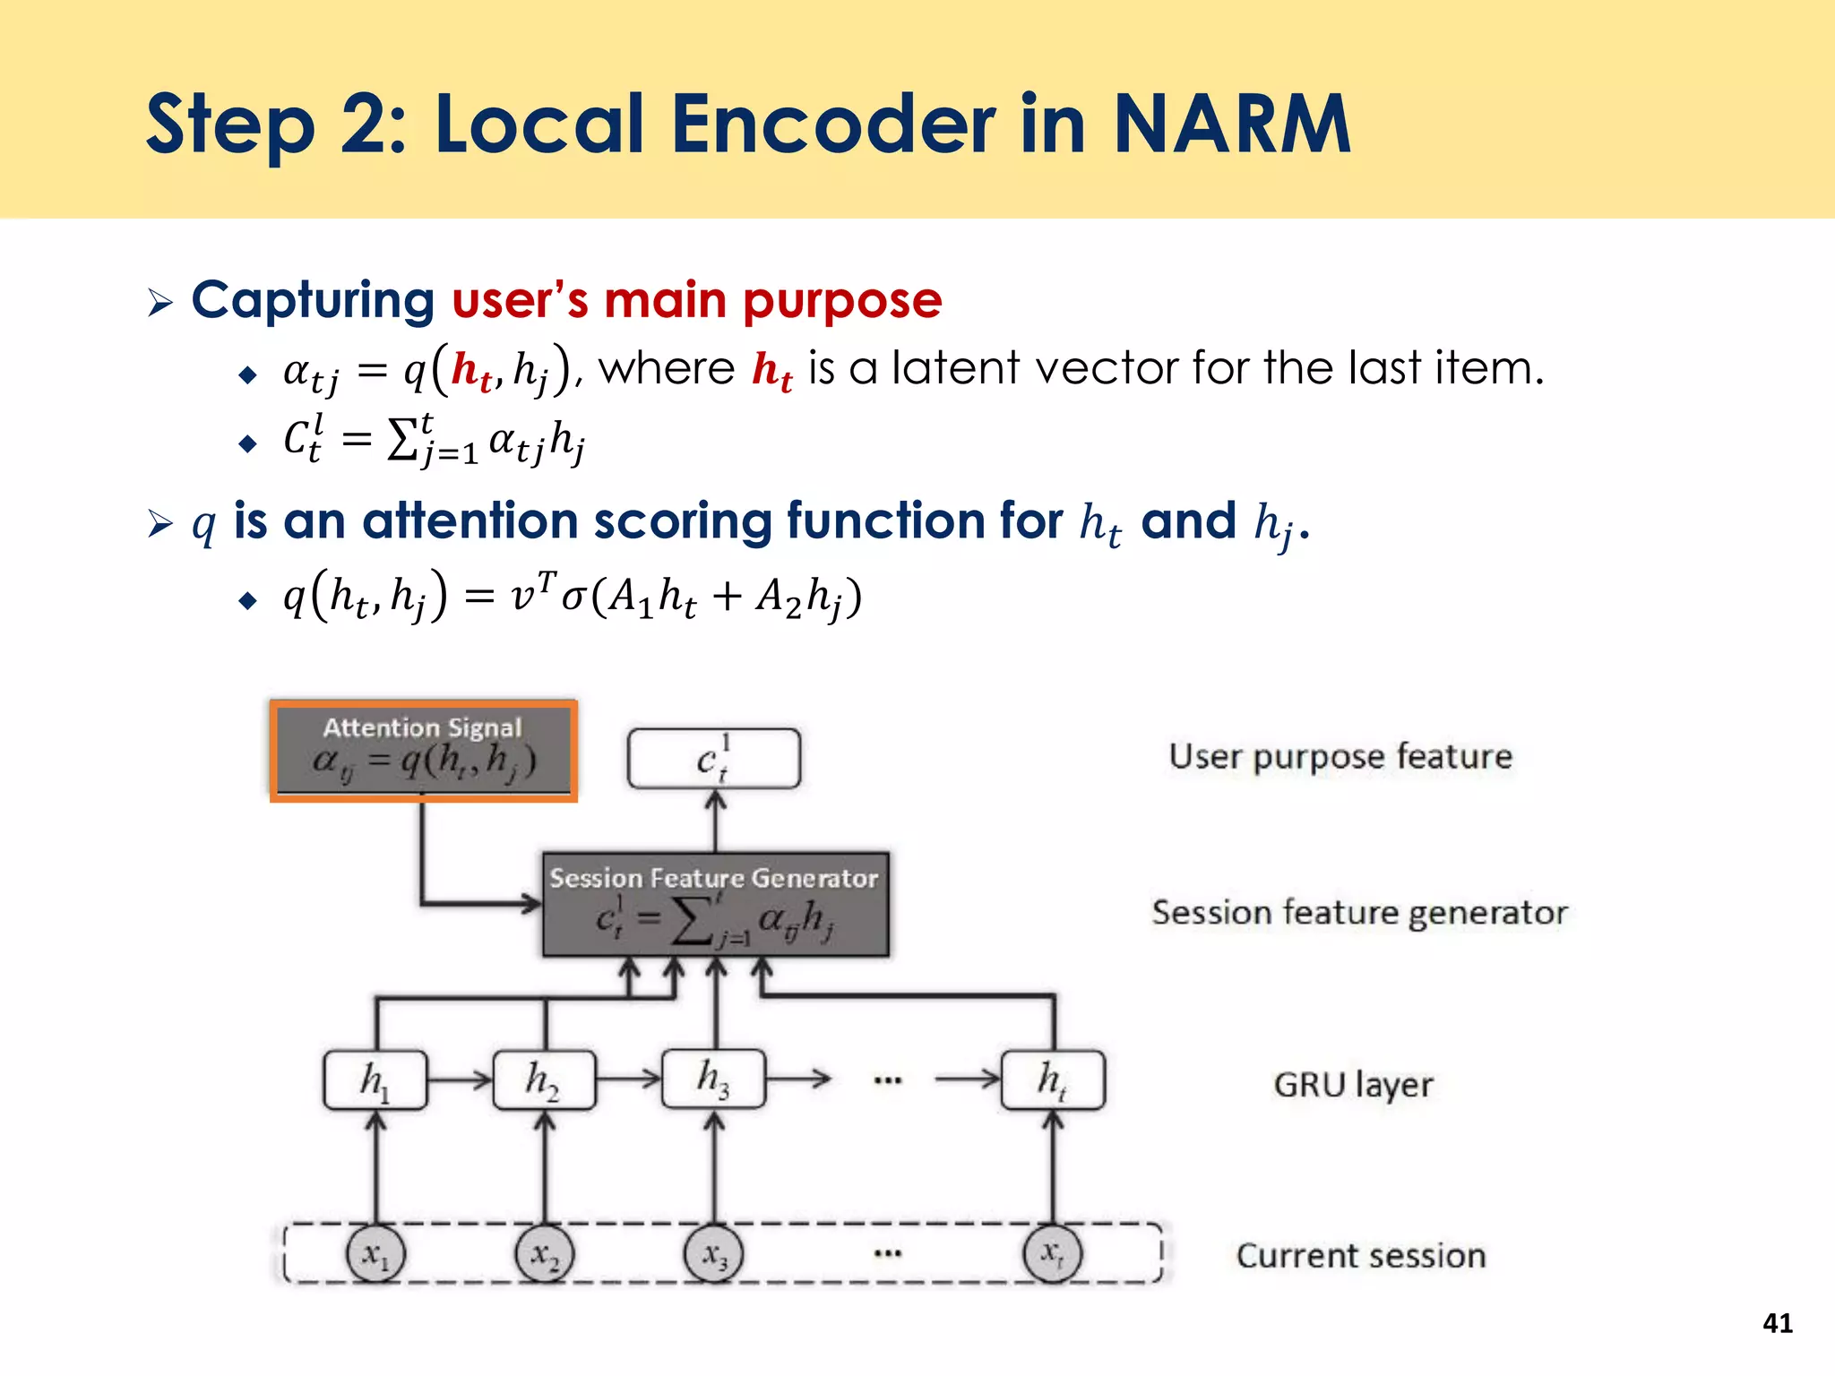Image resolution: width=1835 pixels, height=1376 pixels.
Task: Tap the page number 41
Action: tap(1778, 1323)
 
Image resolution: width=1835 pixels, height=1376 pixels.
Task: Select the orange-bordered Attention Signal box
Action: tap(424, 751)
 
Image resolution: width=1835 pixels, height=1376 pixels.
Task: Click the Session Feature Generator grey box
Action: tap(716, 905)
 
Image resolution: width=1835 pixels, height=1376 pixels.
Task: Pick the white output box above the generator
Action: tap(714, 759)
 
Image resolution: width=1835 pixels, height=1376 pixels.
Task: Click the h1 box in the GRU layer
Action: tap(375, 1080)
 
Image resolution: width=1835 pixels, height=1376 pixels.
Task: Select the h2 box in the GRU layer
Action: tap(544, 1080)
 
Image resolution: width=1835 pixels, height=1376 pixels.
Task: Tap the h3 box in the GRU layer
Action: tap(714, 1079)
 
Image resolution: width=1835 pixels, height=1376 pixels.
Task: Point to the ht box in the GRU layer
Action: tap(1053, 1080)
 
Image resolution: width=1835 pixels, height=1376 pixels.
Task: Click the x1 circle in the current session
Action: tap(375, 1253)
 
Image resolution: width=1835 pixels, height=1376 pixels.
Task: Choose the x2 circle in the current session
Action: tap(544, 1253)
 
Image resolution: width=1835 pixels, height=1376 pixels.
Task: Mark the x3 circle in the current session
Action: tap(714, 1253)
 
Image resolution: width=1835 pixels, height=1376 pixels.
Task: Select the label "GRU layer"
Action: tap(1353, 1085)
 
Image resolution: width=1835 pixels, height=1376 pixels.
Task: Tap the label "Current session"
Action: tap(1361, 1256)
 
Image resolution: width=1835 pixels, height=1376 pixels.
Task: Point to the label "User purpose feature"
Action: tap(1340, 757)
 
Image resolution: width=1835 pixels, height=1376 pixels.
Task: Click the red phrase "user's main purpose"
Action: tap(697, 300)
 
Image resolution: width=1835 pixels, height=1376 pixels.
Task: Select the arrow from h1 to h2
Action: tap(460, 1079)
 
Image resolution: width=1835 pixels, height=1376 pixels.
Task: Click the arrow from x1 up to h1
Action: tap(376, 1167)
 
